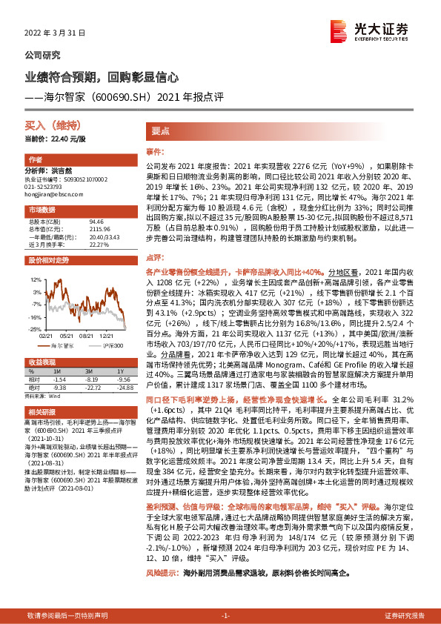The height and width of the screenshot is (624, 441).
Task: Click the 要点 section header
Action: pyautogui.click(x=161, y=130)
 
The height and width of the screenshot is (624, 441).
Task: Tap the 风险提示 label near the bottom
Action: pyautogui.click(x=162, y=574)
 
